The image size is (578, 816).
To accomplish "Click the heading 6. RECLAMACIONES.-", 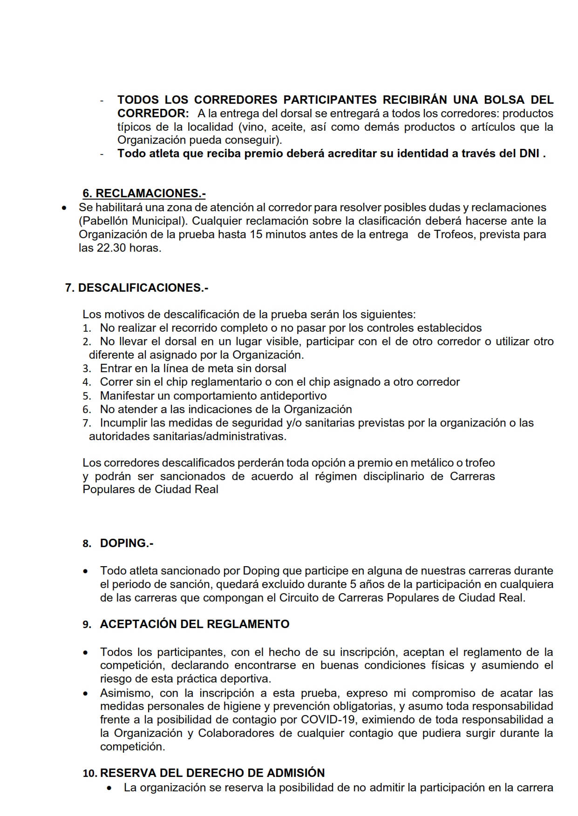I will tap(144, 193).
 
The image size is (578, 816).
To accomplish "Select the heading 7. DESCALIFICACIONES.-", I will tap(136, 288).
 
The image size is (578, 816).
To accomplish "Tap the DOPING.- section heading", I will tap(127, 543).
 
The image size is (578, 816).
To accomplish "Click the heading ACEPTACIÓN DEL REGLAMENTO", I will tap(195, 624).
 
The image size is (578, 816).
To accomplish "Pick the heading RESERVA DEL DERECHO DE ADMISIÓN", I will tap(212, 773).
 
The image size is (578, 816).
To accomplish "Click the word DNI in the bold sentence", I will tap(529, 154).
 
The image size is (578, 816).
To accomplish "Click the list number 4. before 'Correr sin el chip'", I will tap(87, 382).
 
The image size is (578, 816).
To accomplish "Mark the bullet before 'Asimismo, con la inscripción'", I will tap(86, 694).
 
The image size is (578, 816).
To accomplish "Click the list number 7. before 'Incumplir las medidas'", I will tap(87, 423).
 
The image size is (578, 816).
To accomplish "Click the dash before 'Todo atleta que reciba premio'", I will tap(102, 154).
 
